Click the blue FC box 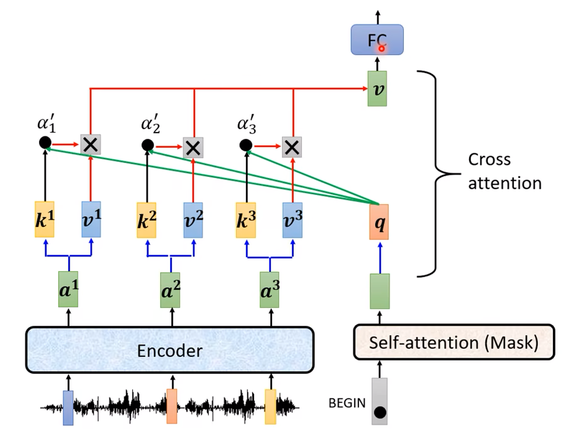(377, 40)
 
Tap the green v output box (377, 89)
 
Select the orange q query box (379, 222)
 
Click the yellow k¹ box (44, 220)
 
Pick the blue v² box (193, 220)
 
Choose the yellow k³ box (246, 220)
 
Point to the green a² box (170, 290)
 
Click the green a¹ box (68, 290)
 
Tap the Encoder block (170, 350)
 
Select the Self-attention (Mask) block (454, 342)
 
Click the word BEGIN (347, 403)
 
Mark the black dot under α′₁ (45, 142)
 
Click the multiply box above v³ (292, 147)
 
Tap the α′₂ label (150, 124)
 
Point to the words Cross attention (504, 171)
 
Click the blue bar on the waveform (68, 408)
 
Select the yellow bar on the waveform (271, 406)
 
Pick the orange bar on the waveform (172, 406)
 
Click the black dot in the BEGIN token (380, 412)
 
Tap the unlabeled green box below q (379, 291)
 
